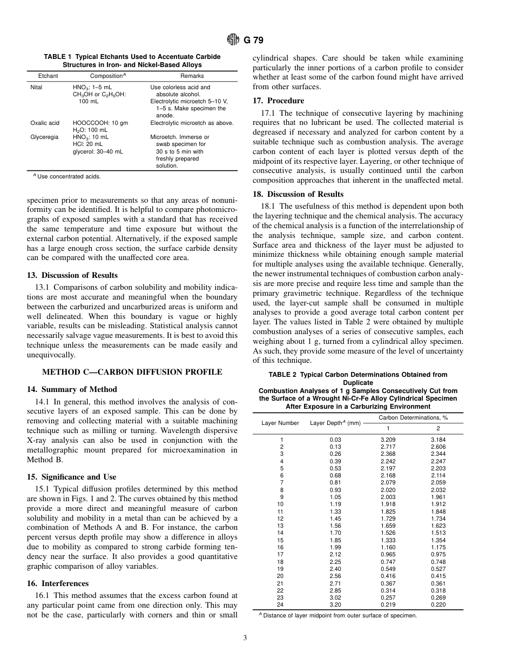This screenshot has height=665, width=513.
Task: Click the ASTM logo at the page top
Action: pyautogui.click(x=232, y=39)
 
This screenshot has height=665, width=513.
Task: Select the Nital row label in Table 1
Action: pyautogui.click(x=36, y=87)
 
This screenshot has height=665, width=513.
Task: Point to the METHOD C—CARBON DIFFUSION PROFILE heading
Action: pyautogui.click(x=132, y=372)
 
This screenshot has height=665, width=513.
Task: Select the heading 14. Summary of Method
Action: pyautogui.click(x=72, y=389)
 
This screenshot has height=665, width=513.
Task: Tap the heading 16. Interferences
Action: pyautogui.click(x=58, y=583)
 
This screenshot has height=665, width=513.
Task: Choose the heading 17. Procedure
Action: pyautogui.click(x=279, y=101)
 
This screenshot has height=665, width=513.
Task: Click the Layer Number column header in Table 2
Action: pyautogui.click(x=280, y=423)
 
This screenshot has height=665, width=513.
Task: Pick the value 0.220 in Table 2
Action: pyautogui.click(x=438, y=604)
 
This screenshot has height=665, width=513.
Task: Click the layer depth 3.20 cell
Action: pyautogui.click(x=335, y=604)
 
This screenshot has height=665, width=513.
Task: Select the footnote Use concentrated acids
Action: pyautogui.click(x=67, y=176)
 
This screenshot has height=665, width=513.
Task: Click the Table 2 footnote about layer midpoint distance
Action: pyautogui.click(x=337, y=615)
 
